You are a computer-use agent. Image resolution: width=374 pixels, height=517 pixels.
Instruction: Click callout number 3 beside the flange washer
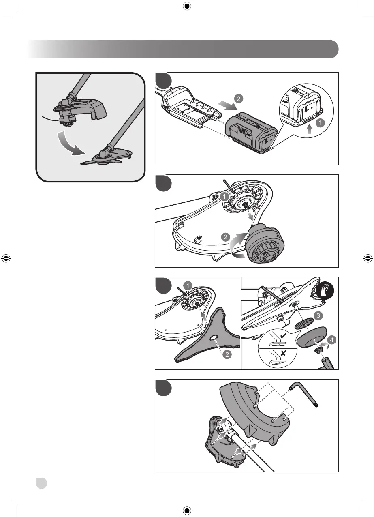[x=318, y=315]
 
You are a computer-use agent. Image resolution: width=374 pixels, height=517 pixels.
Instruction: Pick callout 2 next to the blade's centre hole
[x=227, y=354]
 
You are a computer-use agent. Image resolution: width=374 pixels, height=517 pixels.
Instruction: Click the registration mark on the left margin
[x=6, y=258]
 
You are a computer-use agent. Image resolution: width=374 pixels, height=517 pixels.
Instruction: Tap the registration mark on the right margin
[x=368, y=258]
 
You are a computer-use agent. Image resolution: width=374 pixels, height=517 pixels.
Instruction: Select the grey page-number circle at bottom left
[x=41, y=483]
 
